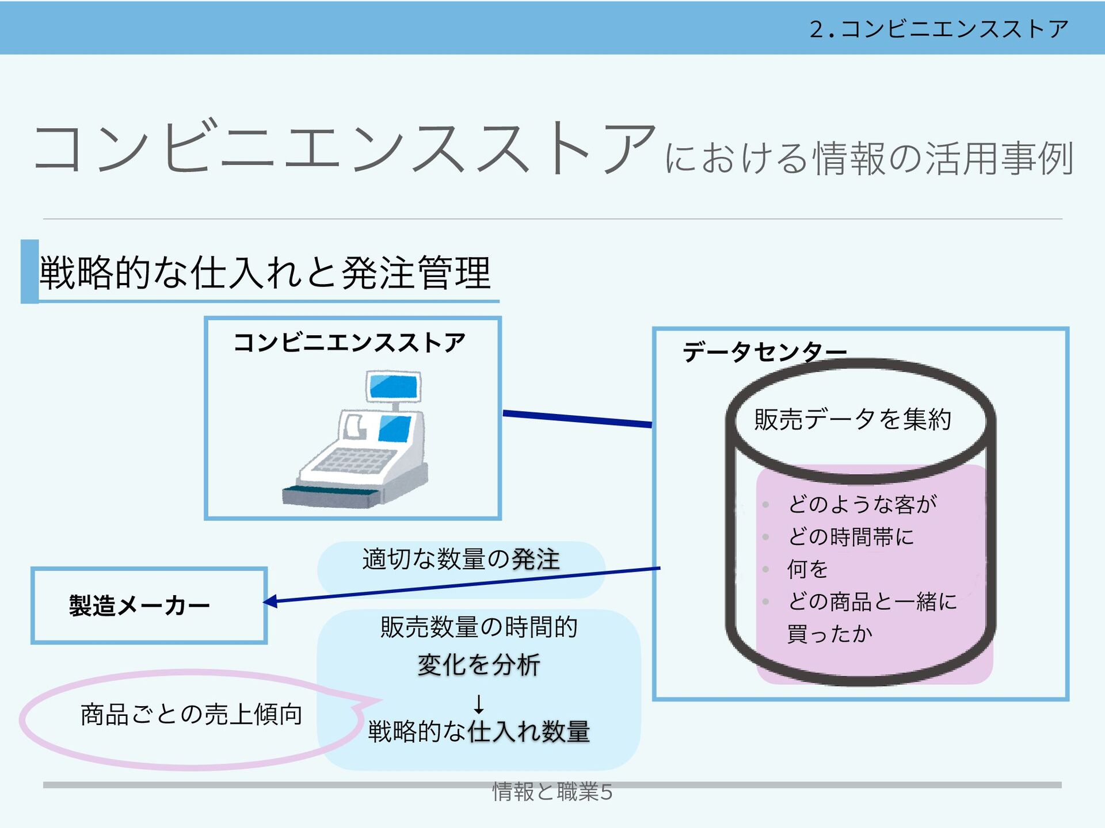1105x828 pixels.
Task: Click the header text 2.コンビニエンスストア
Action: (x=939, y=29)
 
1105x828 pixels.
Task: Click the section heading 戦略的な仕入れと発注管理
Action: (x=265, y=273)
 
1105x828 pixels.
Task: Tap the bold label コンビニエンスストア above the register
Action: (x=349, y=343)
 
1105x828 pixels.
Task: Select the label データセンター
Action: (x=764, y=351)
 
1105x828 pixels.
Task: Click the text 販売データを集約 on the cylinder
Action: (x=852, y=419)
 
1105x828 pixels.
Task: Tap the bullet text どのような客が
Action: (x=862, y=504)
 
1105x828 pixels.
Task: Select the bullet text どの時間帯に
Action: (x=851, y=537)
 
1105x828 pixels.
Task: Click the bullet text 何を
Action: (x=807, y=569)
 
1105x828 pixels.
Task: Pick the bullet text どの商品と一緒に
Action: (x=872, y=601)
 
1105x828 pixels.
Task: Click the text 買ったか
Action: (x=829, y=634)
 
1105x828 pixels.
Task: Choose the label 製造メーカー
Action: (x=139, y=606)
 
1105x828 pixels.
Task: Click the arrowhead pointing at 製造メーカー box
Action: (x=270, y=601)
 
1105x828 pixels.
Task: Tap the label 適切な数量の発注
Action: (x=461, y=559)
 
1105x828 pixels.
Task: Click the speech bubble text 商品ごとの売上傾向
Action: (x=191, y=715)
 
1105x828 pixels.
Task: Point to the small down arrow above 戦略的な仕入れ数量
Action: (x=478, y=704)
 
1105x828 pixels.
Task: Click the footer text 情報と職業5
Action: (x=552, y=792)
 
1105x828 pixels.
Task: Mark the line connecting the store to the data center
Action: (x=577, y=419)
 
